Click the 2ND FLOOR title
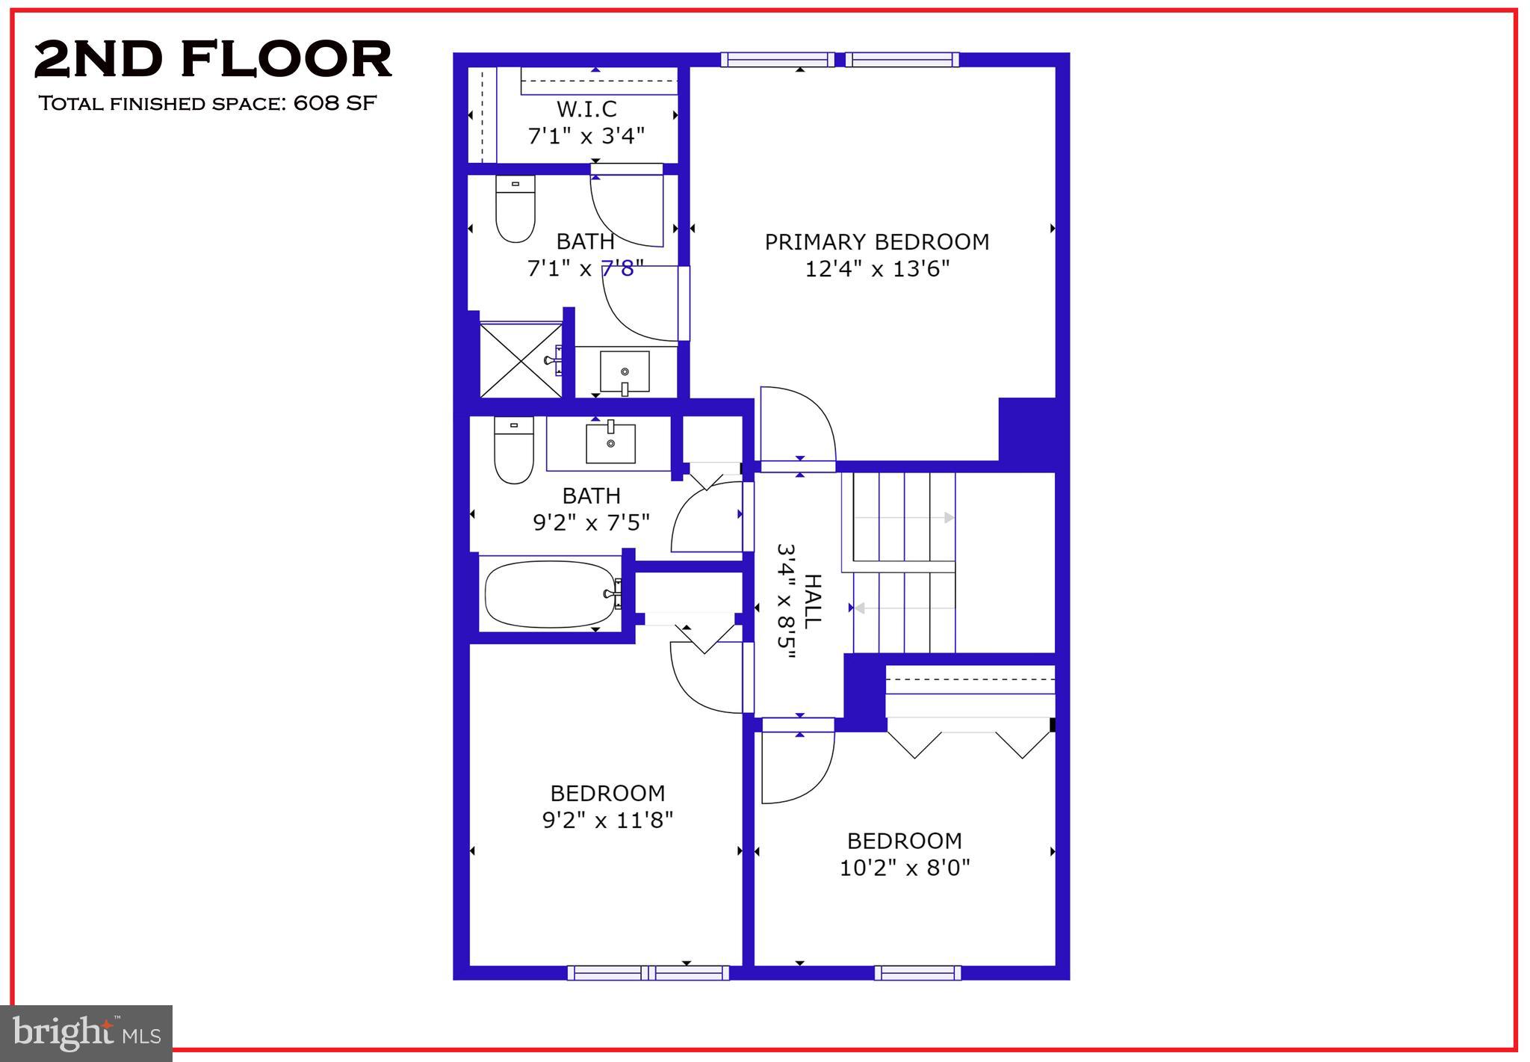(213, 60)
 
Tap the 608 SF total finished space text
(207, 103)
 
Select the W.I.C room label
(586, 110)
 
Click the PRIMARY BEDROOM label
(876, 242)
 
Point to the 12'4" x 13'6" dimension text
(876, 269)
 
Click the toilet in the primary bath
(515, 209)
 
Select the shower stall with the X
(521, 359)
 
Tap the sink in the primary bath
(625, 372)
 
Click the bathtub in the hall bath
(551, 595)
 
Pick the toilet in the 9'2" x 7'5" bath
(514, 451)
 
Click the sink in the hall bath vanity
(610, 442)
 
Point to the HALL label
(812, 601)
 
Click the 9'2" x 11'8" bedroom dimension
(607, 821)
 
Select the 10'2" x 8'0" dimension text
(905, 868)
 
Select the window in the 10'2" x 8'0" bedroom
(917, 972)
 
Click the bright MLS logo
(87, 1033)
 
